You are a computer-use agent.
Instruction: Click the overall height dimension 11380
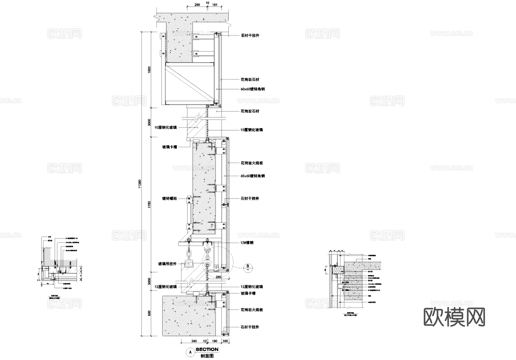pyautogui.click(x=140, y=184)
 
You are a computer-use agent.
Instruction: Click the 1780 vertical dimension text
pyautogui.click(x=149, y=205)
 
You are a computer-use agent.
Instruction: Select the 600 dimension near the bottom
pyautogui.click(x=149, y=313)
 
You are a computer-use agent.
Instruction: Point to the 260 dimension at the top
pyautogui.click(x=197, y=5)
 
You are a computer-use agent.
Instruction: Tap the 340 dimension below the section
pyautogui.click(x=194, y=341)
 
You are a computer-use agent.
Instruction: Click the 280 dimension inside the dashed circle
pyautogui.click(x=218, y=277)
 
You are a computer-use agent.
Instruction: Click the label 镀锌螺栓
pyautogui.click(x=170, y=198)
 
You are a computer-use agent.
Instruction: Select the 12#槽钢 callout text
pyautogui.click(x=247, y=243)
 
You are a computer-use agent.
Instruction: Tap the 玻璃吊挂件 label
pyautogui.click(x=167, y=264)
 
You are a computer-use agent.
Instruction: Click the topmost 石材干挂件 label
pyautogui.click(x=250, y=36)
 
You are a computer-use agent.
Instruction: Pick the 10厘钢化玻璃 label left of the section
pyautogui.click(x=166, y=127)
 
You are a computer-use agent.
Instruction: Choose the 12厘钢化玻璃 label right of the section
pyautogui.click(x=252, y=287)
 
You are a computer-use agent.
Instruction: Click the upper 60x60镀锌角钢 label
pyautogui.click(x=253, y=89)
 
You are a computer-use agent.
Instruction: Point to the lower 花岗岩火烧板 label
pyautogui.click(x=252, y=310)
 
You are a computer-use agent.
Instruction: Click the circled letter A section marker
pyautogui.click(x=190, y=352)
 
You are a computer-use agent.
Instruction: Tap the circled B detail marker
pyautogui.click(x=248, y=267)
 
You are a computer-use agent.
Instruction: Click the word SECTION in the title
pyautogui.click(x=207, y=349)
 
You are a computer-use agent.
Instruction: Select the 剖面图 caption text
pyautogui.click(x=207, y=356)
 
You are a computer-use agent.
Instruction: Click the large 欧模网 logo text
pyautogui.click(x=454, y=317)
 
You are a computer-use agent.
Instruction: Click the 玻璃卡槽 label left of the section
pyautogui.click(x=170, y=147)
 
